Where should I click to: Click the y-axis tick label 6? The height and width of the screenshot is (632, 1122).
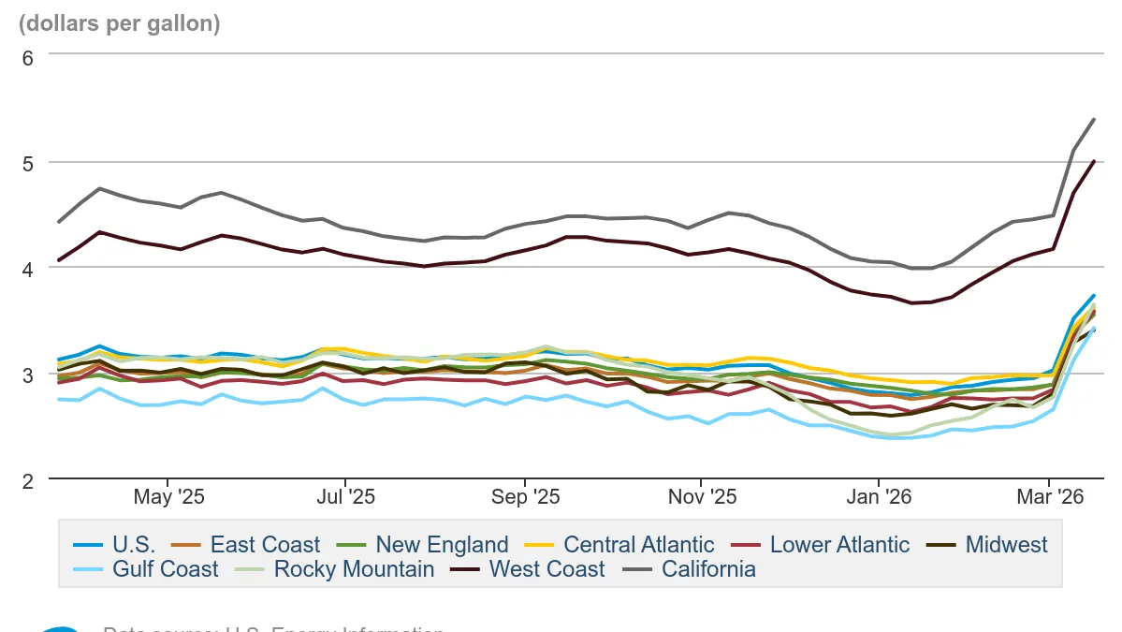27,57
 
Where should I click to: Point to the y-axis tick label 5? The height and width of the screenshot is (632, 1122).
27,163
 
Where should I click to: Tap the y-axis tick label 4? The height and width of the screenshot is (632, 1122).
27,269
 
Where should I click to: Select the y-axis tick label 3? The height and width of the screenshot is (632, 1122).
27,375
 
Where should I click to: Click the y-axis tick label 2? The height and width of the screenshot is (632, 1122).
27,480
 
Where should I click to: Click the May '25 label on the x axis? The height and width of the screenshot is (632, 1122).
169,497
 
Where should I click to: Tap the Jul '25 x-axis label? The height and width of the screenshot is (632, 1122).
345,497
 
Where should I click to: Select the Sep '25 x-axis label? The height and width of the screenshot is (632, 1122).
525,497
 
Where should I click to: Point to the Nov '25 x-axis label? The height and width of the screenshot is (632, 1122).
702,497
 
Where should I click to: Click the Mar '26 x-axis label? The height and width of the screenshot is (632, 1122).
1050,497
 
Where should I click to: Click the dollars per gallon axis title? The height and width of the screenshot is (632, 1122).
120,24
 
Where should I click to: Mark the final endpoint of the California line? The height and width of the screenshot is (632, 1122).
1095,119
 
